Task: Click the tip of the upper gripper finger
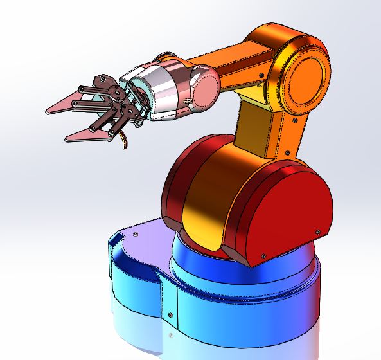pos(48,110)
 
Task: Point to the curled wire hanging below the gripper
pos(123,143)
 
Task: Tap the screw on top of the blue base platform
pos(136,235)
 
